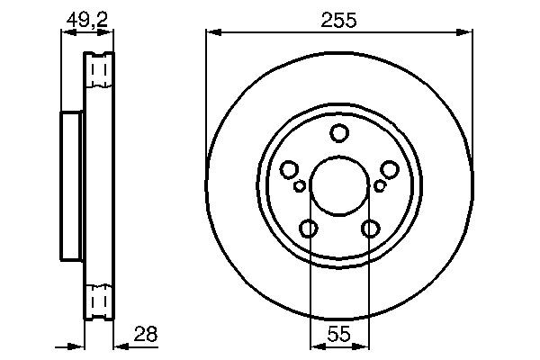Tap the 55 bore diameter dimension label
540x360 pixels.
(338, 333)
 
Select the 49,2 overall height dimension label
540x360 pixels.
(87, 15)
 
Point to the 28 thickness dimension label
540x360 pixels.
(145, 333)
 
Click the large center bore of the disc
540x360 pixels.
(339, 186)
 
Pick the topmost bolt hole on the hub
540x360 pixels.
(339, 134)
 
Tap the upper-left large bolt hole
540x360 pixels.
(289, 169)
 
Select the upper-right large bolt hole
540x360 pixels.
(390, 169)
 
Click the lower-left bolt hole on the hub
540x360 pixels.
(309, 229)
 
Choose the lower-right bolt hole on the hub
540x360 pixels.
(370, 229)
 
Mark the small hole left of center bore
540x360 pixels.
(300, 186)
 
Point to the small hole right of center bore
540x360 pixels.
(380, 186)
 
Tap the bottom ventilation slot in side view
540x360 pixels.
(100, 297)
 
